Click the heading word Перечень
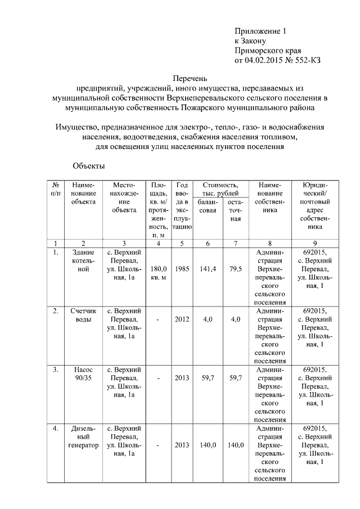(190, 78)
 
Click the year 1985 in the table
(182, 269)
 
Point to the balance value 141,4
(208, 269)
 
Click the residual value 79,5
(235, 269)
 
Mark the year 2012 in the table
(182, 319)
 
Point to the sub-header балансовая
(208, 206)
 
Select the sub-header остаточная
(235, 210)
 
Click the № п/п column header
(56, 189)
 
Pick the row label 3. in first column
(56, 370)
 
